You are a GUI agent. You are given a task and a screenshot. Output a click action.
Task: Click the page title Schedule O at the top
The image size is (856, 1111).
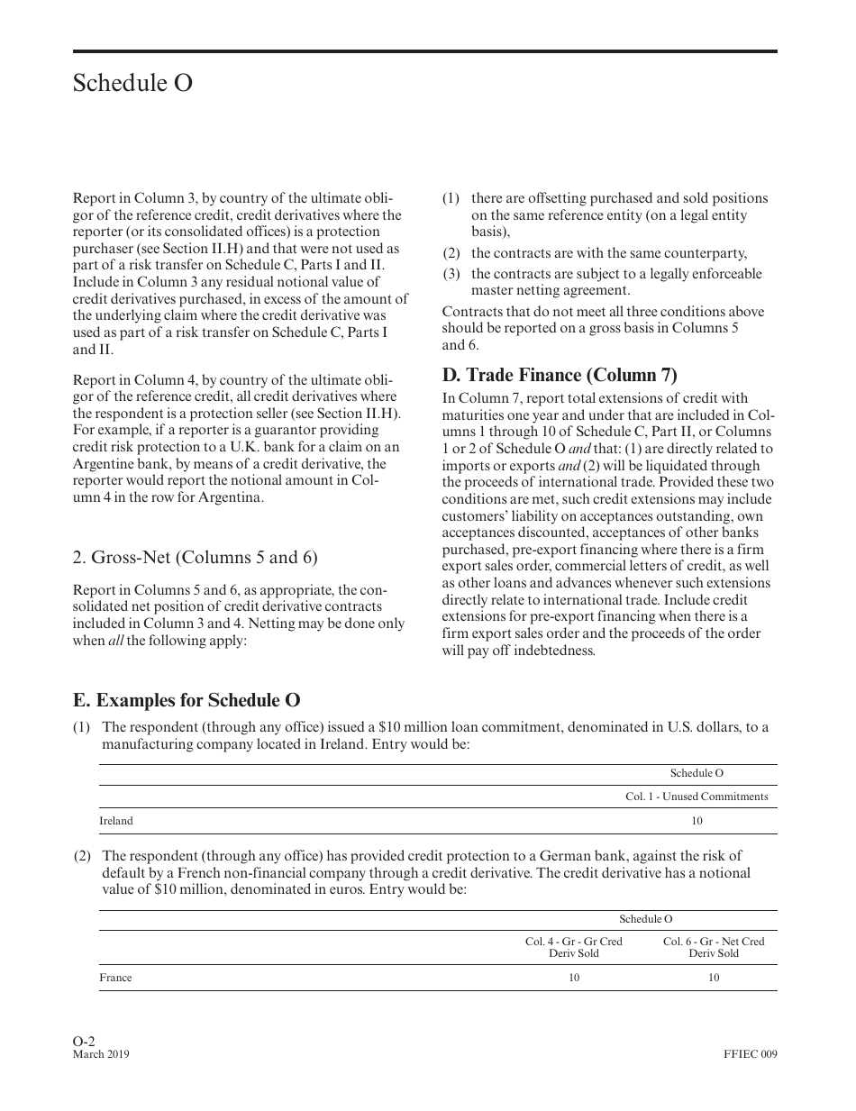(x=132, y=84)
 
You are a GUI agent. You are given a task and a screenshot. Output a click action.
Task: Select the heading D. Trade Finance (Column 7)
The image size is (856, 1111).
(x=559, y=375)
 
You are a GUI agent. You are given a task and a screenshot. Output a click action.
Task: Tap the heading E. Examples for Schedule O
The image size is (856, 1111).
(x=187, y=700)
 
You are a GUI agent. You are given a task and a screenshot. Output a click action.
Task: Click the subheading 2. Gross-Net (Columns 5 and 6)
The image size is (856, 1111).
(x=195, y=557)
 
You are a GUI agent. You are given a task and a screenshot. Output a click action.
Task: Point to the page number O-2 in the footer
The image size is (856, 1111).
(x=84, y=1041)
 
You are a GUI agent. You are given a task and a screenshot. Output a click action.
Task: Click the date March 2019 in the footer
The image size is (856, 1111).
(x=100, y=1054)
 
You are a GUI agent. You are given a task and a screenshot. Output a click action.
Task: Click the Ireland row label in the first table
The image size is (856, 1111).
(x=115, y=821)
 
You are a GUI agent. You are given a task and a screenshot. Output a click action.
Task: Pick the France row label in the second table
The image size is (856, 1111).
(x=115, y=978)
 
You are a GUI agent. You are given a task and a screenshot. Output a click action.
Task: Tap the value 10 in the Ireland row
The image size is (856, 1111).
(x=697, y=821)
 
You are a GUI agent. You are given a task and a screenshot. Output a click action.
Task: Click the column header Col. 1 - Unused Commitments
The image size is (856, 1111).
(x=697, y=797)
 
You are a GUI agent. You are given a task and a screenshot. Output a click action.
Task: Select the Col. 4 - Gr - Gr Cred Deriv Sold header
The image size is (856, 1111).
(x=574, y=947)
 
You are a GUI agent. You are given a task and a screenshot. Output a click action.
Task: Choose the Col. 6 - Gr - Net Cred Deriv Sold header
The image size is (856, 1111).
(x=714, y=947)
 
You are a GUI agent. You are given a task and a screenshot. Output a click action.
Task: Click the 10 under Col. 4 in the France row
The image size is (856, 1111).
(x=574, y=978)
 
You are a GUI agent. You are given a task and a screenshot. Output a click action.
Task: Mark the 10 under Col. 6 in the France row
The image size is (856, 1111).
(x=714, y=978)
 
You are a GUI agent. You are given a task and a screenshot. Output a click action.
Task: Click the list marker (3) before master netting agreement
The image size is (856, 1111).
(x=451, y=274)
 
